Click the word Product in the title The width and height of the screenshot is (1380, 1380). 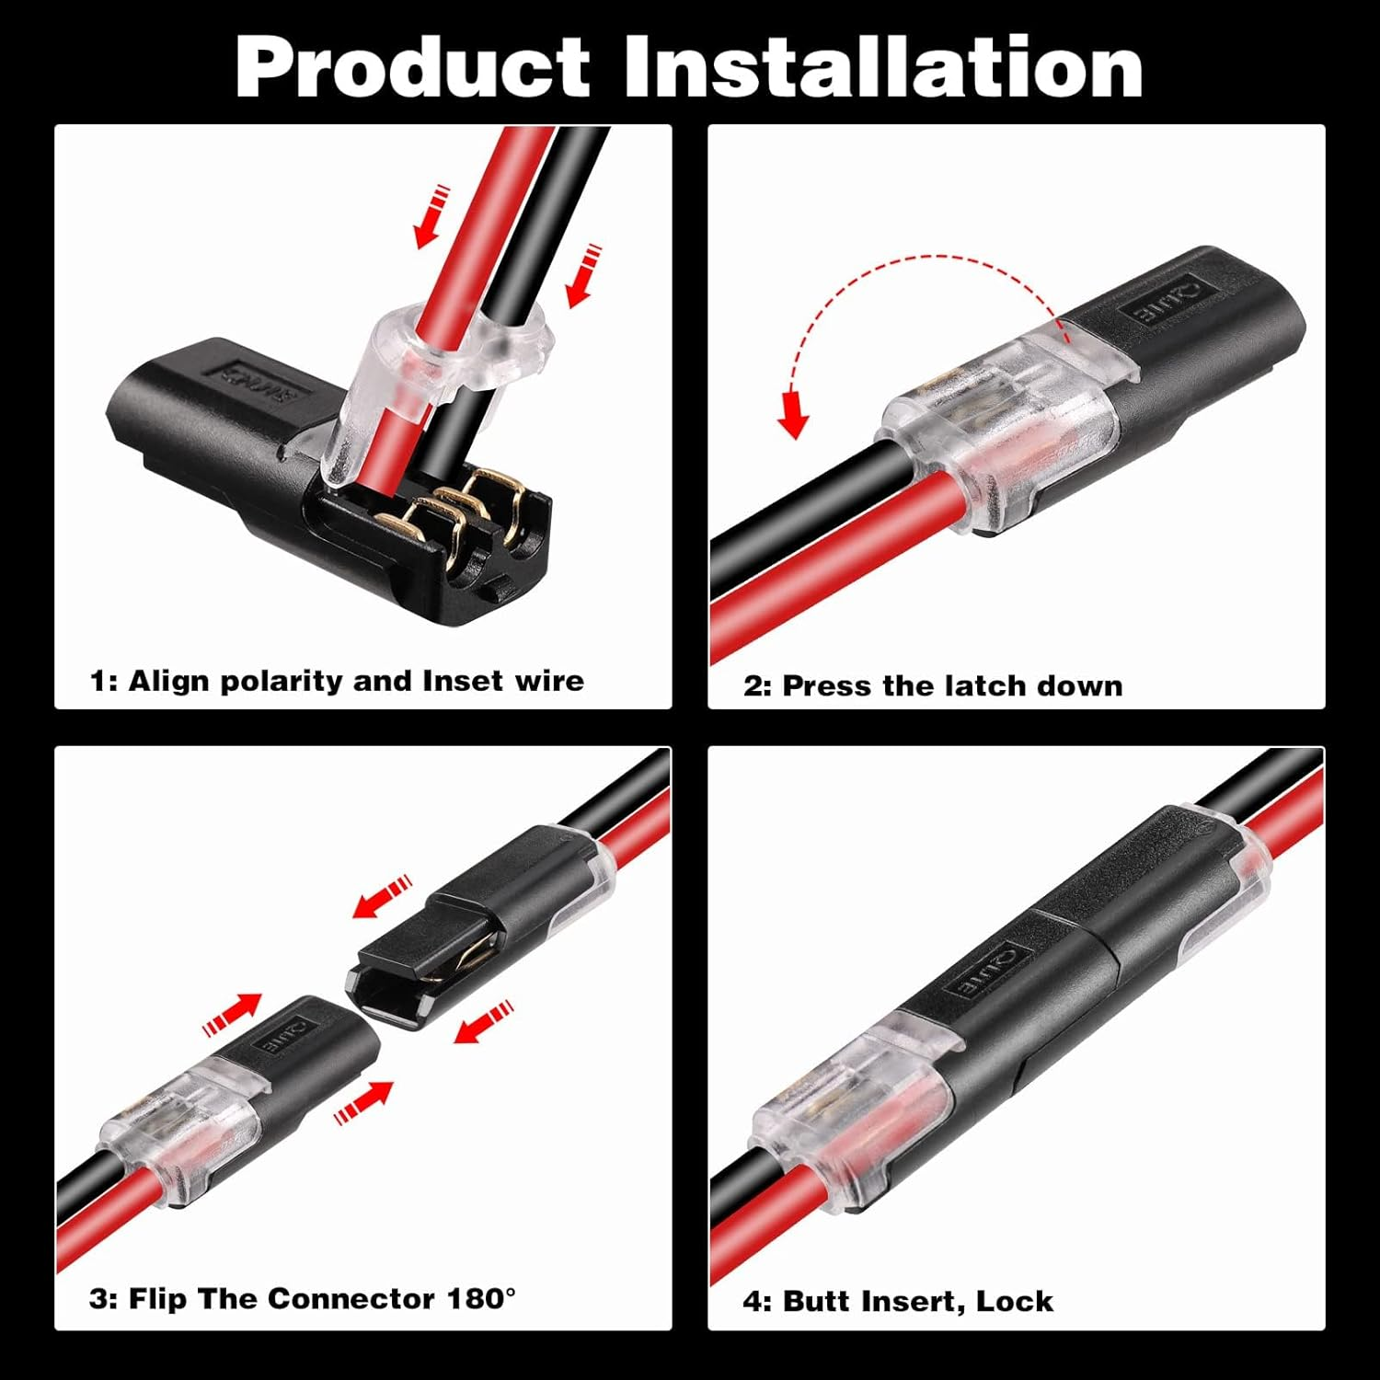(412, 68)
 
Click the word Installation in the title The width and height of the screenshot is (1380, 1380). (883, 68)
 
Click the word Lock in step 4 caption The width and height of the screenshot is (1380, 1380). (1014, 1301)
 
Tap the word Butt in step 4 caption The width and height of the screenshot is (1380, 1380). (817, 1301)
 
